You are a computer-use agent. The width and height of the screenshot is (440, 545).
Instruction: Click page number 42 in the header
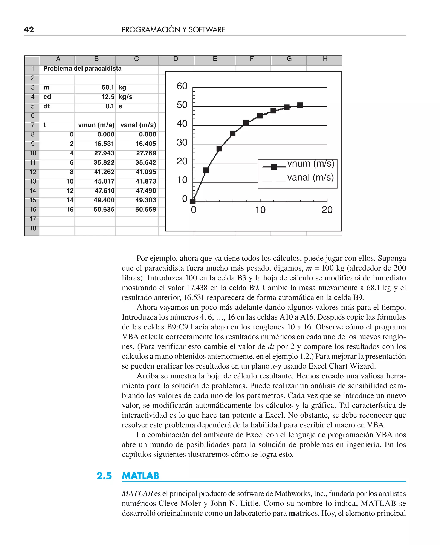[29, 30]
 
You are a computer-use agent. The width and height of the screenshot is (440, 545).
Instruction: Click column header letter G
[289, 59]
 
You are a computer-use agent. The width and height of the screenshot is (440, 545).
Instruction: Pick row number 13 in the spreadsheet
[33, 181]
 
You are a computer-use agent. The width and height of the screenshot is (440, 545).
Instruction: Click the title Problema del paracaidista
[82, 69]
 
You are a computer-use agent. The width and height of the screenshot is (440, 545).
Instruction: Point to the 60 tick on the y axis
[182, 86]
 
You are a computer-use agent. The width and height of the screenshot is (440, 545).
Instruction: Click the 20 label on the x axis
[327, 210]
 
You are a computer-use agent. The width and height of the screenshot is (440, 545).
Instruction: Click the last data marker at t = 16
[300, 105]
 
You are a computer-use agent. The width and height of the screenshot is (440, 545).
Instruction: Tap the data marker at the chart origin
[193, 201]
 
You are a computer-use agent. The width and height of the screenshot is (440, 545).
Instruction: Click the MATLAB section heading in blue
[141, 476]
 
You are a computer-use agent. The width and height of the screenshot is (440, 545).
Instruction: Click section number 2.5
[104, 476]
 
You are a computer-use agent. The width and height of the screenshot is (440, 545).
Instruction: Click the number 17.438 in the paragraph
[197, 288]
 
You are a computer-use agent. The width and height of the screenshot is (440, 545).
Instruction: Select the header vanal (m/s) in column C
[138, 125]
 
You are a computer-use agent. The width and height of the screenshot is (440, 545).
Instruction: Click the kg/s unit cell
[125, 97]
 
